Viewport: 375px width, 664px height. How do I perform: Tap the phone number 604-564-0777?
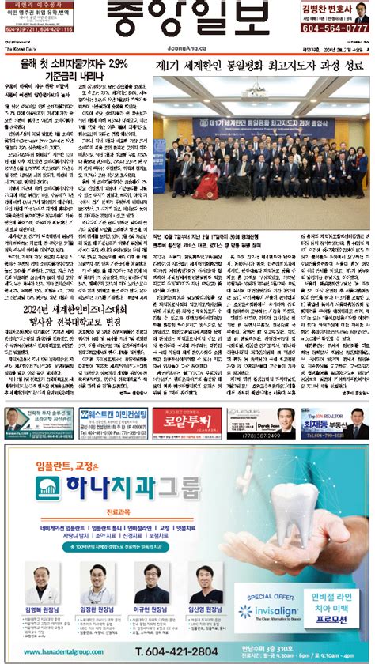[x=335, y=28]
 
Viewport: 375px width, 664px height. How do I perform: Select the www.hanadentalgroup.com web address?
[x=68, y=650]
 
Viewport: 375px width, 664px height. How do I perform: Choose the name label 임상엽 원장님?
[x=205, y=611]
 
